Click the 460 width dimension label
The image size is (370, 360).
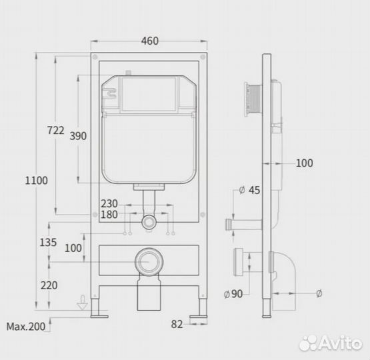[150, 41]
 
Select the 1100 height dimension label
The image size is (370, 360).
[37, 181]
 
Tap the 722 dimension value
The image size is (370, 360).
[56, 130]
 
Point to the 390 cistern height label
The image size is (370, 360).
[78, 136]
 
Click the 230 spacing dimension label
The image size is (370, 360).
[109, 203]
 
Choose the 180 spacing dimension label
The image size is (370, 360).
[109, 215]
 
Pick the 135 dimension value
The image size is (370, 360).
[48, 242]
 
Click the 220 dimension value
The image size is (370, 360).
[49, 285]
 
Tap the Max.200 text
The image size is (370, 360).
[26, 327]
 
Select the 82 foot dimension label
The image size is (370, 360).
[177, 325]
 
